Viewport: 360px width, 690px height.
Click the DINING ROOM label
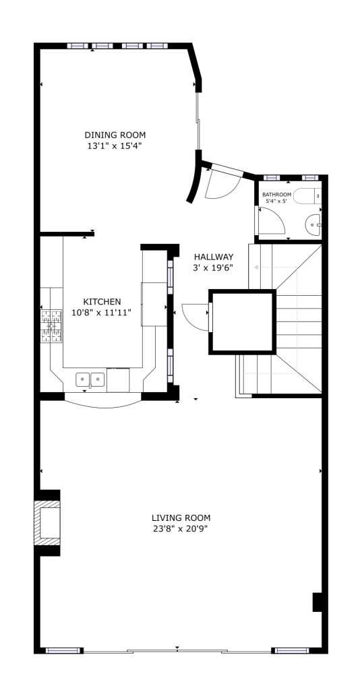[x=115, y=135]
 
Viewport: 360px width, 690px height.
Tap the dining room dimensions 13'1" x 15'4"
[x=115, y=146]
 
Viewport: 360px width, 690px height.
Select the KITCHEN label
[x=102, y=302]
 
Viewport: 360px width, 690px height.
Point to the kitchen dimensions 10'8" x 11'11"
[x=102, y=313]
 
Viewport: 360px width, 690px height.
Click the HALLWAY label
[x=214, y=257]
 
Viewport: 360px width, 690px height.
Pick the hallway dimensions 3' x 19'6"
[x=212, y=267]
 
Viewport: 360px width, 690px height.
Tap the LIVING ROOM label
[x=181, y=518]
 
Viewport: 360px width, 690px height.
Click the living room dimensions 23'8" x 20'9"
[x=181, y=528]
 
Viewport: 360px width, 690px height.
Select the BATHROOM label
[x=277, y=195]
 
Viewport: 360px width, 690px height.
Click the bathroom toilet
[x=307, y=196]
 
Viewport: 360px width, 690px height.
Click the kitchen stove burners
[x=51, y=326]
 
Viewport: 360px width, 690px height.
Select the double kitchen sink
[x=90, y=379]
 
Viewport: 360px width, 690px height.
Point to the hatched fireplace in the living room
[x=47, y=523]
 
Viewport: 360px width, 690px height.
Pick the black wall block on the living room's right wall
[x=318, y=602]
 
